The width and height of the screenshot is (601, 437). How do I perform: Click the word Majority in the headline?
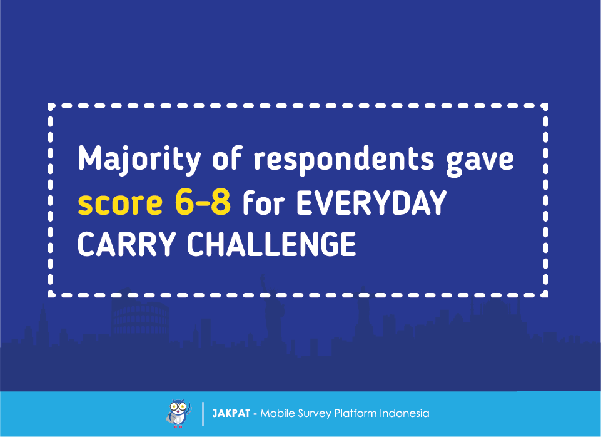point(139,160)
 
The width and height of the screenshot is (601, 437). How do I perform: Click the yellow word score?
point(120,203)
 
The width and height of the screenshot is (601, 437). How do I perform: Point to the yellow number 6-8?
point(203,202)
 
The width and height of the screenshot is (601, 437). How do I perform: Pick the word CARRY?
point(127,244)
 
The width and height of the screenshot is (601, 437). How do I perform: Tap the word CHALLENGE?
point(271,244)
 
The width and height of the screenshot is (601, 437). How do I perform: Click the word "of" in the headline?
point(227,157)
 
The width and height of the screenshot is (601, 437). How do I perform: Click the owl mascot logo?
point(179,414)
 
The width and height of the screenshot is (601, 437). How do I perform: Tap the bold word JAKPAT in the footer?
point(231,413)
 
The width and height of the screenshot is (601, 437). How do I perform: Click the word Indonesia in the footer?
point(405,413)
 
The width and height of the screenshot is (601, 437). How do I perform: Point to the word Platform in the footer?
point(356,413)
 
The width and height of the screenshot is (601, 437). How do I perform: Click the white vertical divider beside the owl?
point(203,414)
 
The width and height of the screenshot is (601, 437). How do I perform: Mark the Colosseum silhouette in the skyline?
point(140,319)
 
